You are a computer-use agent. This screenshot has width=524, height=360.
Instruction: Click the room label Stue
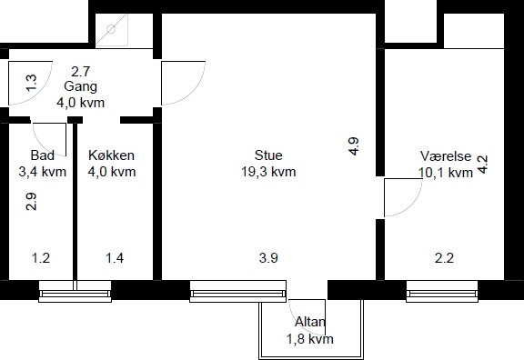pos(268,155)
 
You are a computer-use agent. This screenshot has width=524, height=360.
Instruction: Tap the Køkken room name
pos(112,155)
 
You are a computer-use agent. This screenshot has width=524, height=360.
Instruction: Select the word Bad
pos(43,155)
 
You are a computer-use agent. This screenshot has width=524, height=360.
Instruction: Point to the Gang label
pos(81,86)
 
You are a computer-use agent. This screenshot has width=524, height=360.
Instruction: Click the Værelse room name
pos(446,156)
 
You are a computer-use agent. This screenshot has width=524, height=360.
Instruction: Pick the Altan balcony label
pos(310,322)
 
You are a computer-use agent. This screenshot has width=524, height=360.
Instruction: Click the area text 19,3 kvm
pos(268,172)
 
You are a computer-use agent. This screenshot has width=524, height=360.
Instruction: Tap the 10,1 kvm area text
pos(446,173)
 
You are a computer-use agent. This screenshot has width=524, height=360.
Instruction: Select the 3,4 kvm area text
pos(43,172)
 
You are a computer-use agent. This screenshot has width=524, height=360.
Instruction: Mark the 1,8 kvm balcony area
pos(310,339)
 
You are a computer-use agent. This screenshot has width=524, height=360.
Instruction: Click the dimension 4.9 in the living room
pos(354,146)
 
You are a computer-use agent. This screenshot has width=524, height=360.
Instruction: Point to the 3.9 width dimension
pos(268,258)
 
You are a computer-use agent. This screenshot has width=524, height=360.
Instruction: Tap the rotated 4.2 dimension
pos(482,165)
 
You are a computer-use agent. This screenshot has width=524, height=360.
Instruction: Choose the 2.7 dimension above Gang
pos(81,72)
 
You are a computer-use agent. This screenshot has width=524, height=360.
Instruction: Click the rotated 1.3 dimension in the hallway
pos(31,83)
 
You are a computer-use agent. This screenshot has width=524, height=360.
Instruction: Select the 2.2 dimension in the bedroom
pos(444,258)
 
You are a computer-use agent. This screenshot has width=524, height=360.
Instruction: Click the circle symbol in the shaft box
pos(111,29)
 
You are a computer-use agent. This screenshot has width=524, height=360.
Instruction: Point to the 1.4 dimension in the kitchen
pos(115,258)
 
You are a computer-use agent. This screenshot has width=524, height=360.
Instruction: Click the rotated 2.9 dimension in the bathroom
pos(31,202)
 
